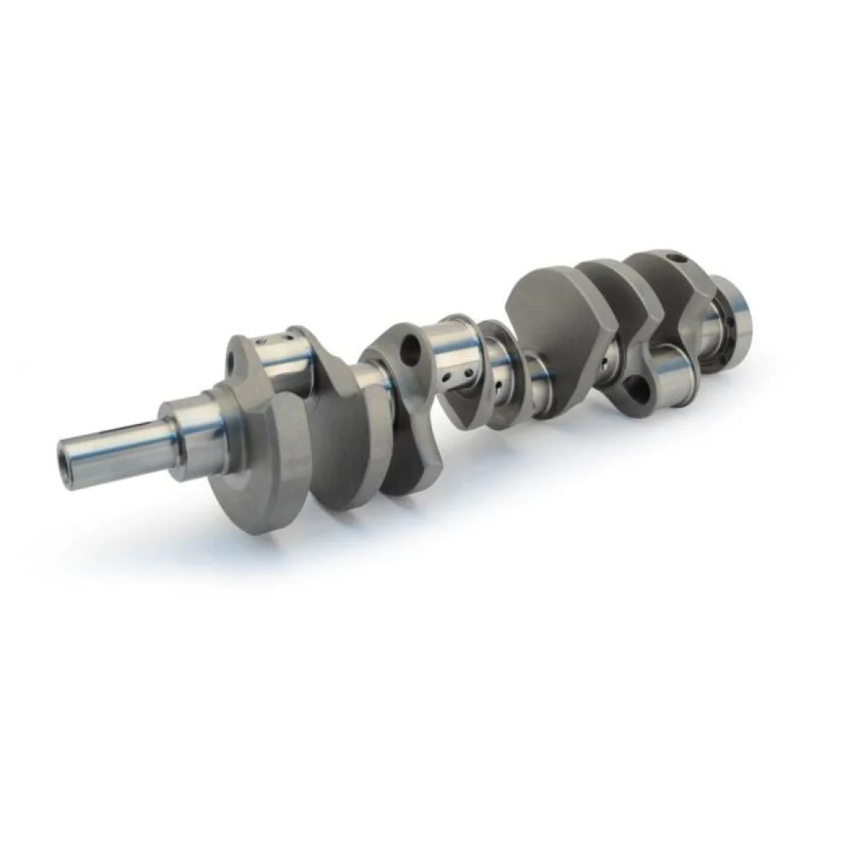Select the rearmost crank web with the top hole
coord(683,296)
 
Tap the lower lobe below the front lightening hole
coord(412,445)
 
